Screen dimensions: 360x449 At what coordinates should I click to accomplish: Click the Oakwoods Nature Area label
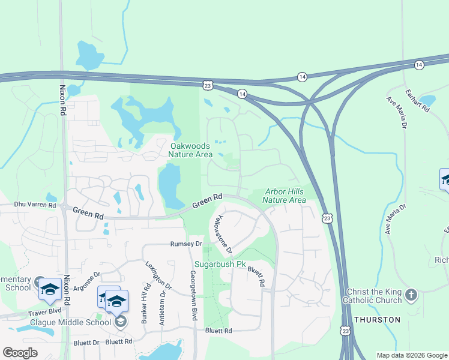coord(191,150)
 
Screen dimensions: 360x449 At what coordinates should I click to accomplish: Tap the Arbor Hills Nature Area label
coord(285,196)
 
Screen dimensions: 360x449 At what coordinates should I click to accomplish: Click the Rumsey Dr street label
coord(186,244)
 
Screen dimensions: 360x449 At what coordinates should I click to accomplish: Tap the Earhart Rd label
coord(417,101)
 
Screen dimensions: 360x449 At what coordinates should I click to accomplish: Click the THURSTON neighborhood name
coord(377,320)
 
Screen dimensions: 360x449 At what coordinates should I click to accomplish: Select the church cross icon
coord(411,295)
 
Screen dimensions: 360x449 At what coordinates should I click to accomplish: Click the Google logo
coord(20,353)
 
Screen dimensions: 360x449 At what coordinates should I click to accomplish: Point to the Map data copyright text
coord(411,355)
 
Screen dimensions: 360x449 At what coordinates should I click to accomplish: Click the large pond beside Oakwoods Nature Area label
coord(169,182)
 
